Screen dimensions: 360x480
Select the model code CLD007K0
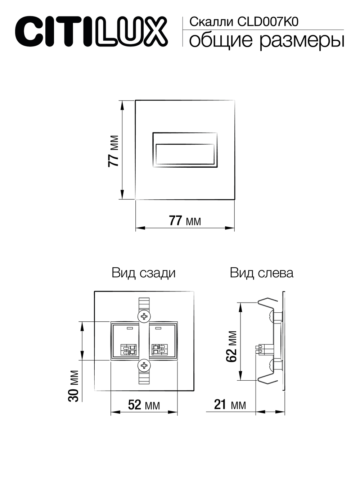(268, 22)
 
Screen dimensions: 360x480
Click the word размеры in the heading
(302, 41)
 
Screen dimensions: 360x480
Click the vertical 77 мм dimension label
(113, 151)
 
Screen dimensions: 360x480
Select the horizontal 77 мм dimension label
(185, 221)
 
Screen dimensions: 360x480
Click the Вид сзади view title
(144, 273)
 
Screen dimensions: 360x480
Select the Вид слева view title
(262, 273)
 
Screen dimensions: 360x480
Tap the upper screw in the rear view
(144, 316)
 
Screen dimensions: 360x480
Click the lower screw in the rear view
(144, 365)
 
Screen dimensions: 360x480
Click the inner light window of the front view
(185, 154)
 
